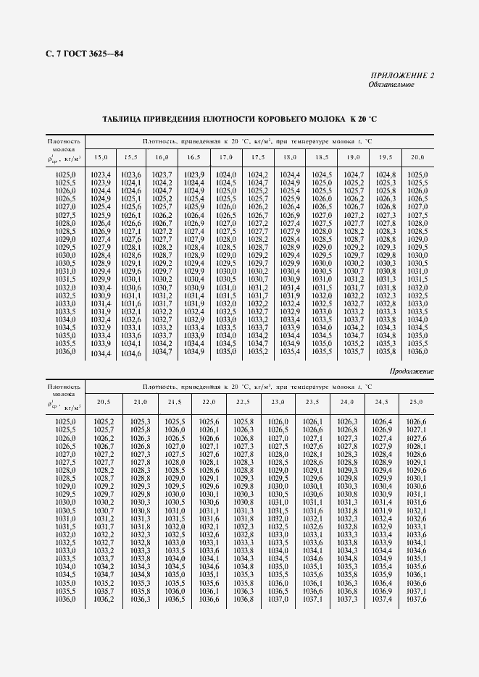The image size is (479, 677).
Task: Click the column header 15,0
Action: pos(101,157)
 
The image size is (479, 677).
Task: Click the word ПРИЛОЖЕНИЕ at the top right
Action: pos(397,75)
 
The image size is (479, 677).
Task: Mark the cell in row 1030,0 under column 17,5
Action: pos(258,256)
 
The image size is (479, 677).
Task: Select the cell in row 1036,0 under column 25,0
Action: pos(416,599)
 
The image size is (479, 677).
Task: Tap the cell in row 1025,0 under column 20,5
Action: pos(104,421)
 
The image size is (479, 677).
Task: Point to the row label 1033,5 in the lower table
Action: pos(65,558)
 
